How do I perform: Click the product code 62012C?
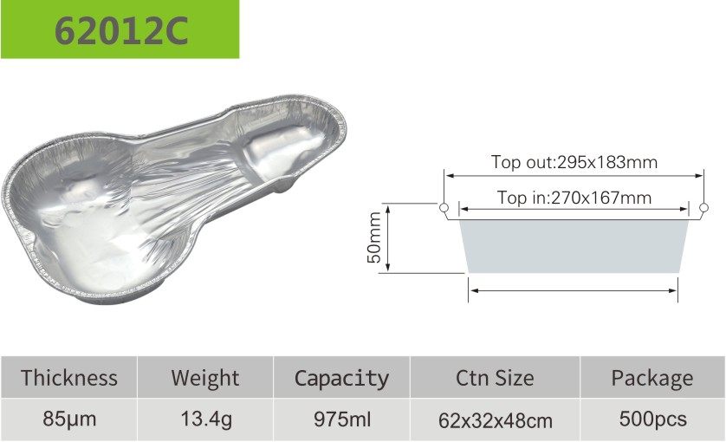click(x=121, y=30)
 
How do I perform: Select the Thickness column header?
click(x=69, y=378)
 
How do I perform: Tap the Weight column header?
click(x=205, y=379)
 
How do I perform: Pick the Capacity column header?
click(x=341, y=379)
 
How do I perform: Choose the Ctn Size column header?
click(x=495, y=378)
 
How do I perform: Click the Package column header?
click(x=651, y=379)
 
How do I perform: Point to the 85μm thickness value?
click(x=69, y=419)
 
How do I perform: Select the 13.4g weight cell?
click(x=206, y=419)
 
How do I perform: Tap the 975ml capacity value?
click(x=342, y=419)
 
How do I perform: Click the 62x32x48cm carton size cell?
click(x=496, y=421)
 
